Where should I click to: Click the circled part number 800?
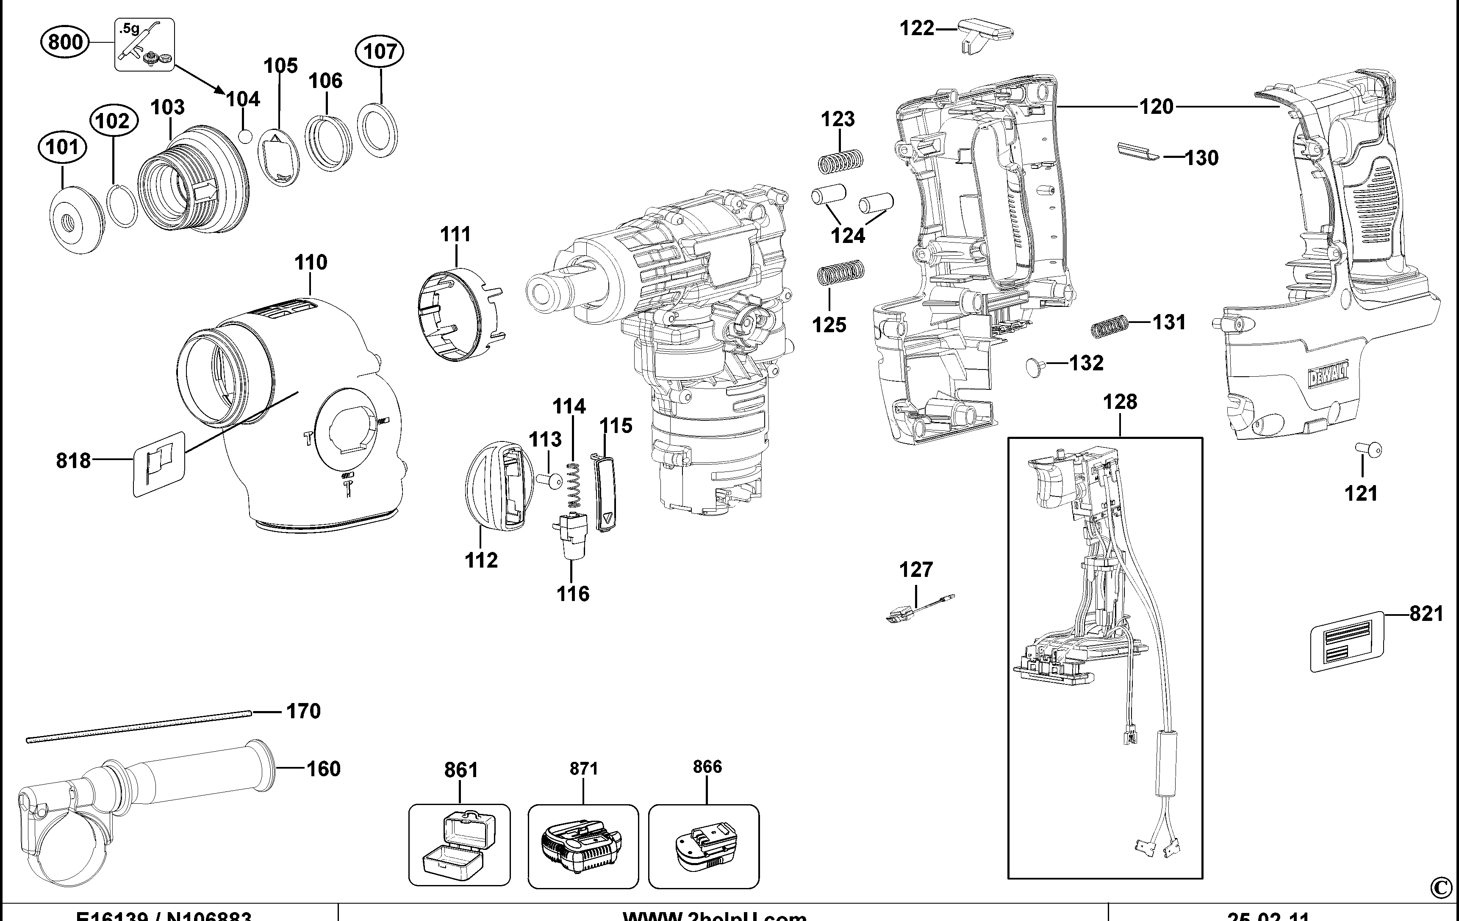pyautogui.click(x=65, y=42)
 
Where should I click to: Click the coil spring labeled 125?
pyautogui.click(x=841, y=273)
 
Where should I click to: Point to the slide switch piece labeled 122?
pyautogui.click(x=985, y=34)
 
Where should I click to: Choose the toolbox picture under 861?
pyautogui.click(x=459, y=845)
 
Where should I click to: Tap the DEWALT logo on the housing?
pyautogui.click(x=1329, y=378)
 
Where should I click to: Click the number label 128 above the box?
pyautogui.click(x=1120, y=402)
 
